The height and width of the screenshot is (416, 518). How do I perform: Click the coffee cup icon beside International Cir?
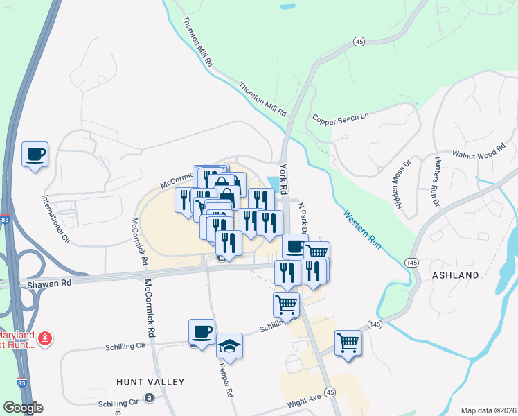34,154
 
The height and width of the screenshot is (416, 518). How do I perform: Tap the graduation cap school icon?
229,345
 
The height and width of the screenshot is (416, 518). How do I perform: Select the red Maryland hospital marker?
45,338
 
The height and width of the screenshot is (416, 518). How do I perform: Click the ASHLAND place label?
455,275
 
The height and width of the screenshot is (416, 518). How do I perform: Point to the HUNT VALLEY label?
150,382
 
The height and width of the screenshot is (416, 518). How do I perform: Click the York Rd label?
283,178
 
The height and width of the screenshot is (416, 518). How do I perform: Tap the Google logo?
23,408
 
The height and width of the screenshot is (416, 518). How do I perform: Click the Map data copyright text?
488,410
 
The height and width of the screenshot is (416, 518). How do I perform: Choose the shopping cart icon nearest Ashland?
348,342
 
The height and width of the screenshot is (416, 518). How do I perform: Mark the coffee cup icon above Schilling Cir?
202,331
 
